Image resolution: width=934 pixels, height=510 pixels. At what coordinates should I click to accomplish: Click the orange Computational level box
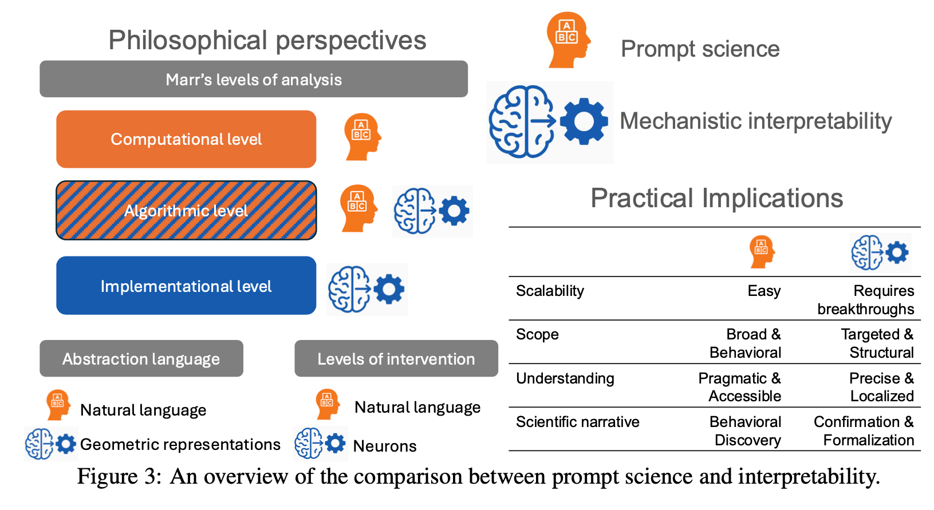(186, 139)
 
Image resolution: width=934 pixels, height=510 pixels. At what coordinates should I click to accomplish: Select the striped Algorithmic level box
(186, 211)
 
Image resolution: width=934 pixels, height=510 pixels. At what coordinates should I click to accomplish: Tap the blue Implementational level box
(186, 286)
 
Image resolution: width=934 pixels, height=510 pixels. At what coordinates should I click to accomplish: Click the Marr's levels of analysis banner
(254, 79)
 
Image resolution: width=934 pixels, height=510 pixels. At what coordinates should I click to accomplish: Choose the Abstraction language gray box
(141, 359)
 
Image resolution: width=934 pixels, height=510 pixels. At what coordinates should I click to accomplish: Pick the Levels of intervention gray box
(396, 359)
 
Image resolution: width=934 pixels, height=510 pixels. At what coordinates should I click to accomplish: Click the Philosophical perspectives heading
(267, 41)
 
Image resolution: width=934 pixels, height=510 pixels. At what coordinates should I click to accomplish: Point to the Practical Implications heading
(716, 198)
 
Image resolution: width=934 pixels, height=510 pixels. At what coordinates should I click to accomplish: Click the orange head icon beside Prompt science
(567, 40)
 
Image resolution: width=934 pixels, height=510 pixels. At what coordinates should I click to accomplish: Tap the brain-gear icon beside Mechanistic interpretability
(549, 122)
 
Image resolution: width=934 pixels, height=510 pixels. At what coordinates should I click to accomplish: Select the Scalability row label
(550, 291)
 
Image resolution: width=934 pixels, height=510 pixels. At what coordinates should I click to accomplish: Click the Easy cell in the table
(764, 291)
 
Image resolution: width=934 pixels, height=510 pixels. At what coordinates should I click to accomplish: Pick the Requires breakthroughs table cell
(866, 300)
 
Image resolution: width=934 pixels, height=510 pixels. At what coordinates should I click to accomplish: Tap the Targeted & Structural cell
(877, 343)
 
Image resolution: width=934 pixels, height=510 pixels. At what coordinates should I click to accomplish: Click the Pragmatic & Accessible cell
(740, 387)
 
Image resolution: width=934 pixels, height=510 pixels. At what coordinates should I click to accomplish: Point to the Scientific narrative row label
(577, 422)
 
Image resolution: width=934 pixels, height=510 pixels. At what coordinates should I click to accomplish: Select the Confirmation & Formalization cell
(864, 430)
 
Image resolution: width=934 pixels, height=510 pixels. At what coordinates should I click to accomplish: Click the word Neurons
(385, 446)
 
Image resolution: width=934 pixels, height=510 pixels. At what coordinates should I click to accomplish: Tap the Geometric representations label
(180, 444)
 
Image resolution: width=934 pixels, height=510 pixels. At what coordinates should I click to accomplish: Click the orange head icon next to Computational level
(362, 137)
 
